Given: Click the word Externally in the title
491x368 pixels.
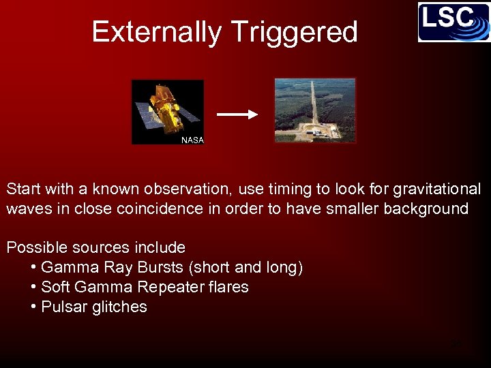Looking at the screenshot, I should coord(156,32).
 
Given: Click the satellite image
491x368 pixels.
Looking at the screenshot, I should coord(168,111).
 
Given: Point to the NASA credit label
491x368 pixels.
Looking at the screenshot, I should coord(192,140).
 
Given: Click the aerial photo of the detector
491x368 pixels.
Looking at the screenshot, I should coord(315,110).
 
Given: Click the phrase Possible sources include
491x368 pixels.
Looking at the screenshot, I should coord(95,247).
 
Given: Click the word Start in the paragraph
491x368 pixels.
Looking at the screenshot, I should coord(24,189).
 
